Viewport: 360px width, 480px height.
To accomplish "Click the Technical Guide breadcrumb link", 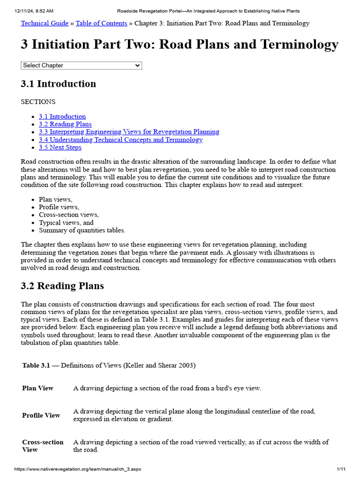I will [x=45, y=23].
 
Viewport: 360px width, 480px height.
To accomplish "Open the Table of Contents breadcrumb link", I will [x=101, y=23].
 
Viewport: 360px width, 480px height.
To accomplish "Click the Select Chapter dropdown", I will [x=81, y=66].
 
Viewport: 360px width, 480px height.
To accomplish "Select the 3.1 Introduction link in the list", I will [x=62, y=116].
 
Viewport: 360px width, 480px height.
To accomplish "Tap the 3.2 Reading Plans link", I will [x=65, y=124].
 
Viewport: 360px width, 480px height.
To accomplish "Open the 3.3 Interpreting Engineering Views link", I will [x=129, y=132].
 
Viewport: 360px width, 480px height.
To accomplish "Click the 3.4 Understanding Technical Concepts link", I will [x=121, y=140].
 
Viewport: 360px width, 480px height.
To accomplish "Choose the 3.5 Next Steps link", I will [x=60, y=147].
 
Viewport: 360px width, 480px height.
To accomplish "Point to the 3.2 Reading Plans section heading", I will [x=62, y=286].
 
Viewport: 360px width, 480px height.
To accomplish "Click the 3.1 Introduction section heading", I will [x=58, y=84].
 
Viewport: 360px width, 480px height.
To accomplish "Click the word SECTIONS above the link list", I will [x=38, y=102].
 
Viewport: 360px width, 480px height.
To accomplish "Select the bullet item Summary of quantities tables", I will [x=82, y=230].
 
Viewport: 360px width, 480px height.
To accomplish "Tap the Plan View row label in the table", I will [x=37, y=388].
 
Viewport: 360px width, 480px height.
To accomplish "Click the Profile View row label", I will [x=41, y=415].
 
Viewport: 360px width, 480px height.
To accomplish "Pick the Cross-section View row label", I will [x=43, y=446].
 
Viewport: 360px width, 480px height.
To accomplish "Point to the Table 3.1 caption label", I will [x=36, y=365].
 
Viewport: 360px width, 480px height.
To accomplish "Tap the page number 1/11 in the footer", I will [x=341, y=469].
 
